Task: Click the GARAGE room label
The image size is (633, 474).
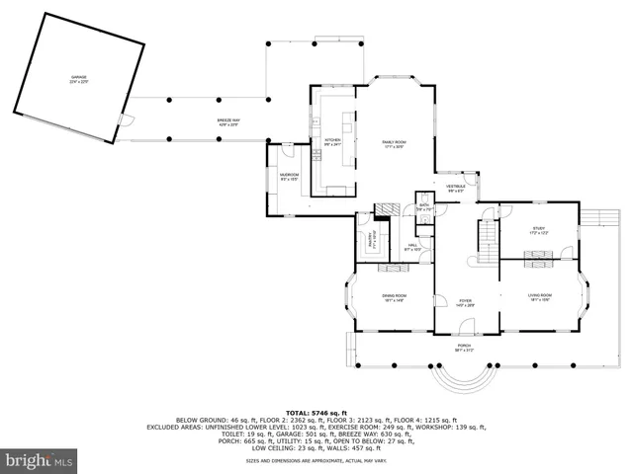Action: [x=77, y=78]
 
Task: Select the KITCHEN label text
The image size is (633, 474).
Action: [x=332, y=141]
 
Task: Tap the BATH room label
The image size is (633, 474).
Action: [x=423, y=207]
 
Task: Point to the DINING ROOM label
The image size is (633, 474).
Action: [x=395, y=297]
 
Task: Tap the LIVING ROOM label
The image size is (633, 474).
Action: [x=539, y=297]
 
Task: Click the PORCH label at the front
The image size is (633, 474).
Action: [x=464, y=347]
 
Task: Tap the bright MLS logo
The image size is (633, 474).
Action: [x=40, y=460]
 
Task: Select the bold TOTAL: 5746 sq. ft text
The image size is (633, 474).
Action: [x=316, y=412]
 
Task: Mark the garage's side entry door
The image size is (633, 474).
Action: [x=125, y=122]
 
